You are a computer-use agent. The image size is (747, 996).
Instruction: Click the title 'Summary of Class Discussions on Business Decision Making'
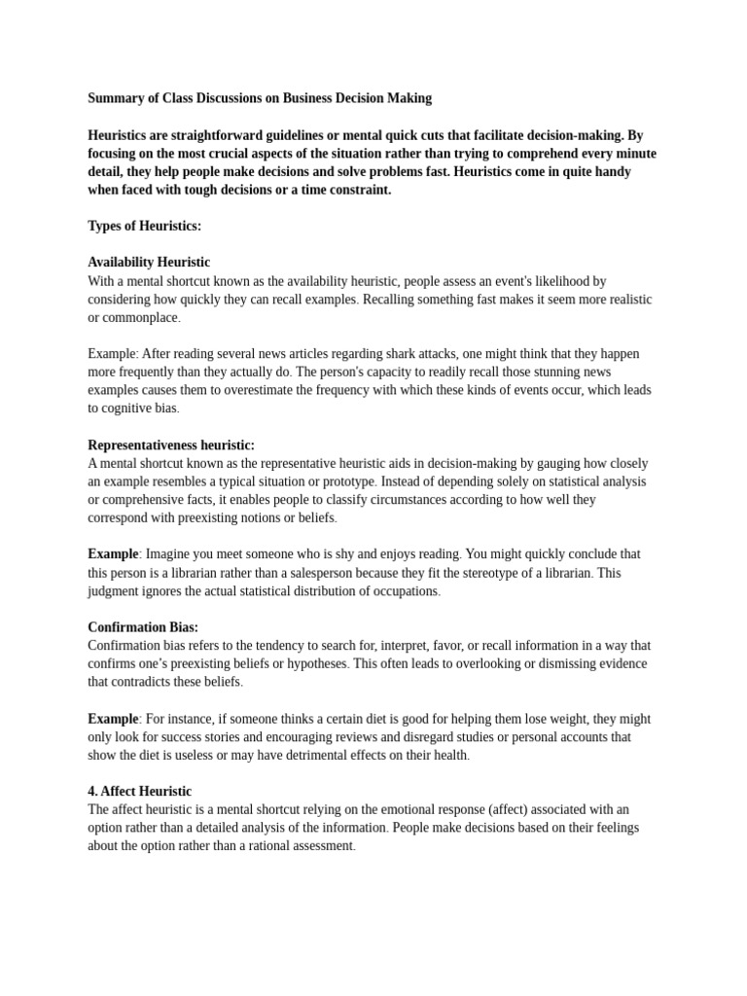click(260, 98)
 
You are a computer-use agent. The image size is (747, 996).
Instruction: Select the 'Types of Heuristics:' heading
click(145, 226)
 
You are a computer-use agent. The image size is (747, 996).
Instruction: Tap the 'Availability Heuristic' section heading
click(149, 263)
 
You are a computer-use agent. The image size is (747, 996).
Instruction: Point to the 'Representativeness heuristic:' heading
click(171, 445)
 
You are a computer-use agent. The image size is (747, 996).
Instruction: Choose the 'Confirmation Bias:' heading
click(143, 627)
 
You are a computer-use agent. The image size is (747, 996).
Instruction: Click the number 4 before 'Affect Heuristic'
click(92, 792)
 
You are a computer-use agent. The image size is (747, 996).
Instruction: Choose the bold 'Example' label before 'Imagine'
click(113, 554)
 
